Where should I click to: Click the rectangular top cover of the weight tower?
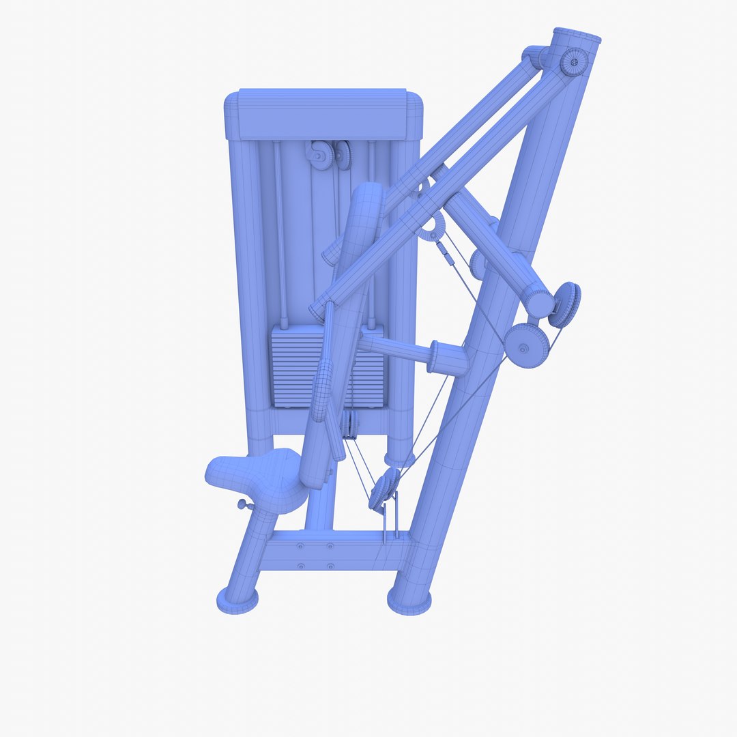[x=322, y=113]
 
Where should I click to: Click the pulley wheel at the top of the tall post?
[x=574, y=63]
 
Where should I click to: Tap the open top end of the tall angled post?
[x=577, y=35]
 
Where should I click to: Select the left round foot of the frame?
[x=237, y=600]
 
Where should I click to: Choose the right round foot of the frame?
[x=409, y=601]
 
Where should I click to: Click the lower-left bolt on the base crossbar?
[x=300, y=565]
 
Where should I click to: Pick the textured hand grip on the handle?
[x=322, y=389]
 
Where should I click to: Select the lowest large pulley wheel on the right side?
[x=528, y=345]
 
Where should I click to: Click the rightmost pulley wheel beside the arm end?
[x=566, y=304]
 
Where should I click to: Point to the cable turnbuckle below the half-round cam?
[x=446, y=253]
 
